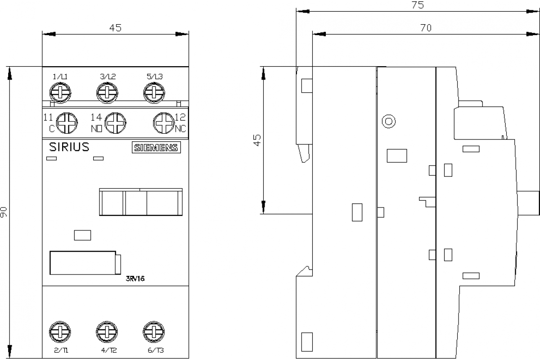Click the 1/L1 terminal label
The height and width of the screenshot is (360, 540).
60,76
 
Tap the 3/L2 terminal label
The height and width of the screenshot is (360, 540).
108,76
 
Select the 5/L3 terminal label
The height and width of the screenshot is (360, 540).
154,76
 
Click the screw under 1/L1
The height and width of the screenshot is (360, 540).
60,94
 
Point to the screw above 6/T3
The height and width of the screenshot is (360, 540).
153,333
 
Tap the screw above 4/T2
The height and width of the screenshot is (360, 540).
107,333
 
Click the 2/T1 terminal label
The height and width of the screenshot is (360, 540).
61,351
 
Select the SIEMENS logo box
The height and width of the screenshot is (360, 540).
155,148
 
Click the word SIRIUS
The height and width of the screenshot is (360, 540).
68,147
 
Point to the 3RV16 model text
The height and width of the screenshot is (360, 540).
135,278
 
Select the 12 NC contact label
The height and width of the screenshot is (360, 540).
180,123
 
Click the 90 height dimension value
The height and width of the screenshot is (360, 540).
4,212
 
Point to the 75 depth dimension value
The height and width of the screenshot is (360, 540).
418,5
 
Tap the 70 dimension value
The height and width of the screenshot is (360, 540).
426,28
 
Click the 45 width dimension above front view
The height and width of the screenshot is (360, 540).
115,28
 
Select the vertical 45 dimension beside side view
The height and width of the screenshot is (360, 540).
257,139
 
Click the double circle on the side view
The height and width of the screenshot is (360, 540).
388,121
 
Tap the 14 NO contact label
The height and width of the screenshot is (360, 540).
96,123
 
